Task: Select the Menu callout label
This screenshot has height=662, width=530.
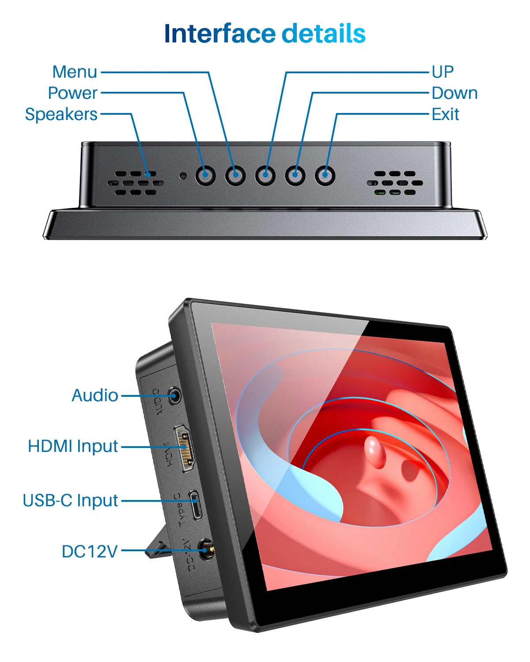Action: pos(75,72)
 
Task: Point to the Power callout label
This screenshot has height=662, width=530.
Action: pos(73,93)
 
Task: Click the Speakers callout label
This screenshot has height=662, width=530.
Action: pos(61,114)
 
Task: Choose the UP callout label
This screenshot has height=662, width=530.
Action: pos(443,72)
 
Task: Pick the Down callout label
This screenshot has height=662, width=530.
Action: pos(454,93)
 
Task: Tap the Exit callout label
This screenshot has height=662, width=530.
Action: pos(445,114)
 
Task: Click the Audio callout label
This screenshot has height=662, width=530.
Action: pos(95,395)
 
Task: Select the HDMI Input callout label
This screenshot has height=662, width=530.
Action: pos(73,446)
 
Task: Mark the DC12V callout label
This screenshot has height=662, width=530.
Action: pos(90,551)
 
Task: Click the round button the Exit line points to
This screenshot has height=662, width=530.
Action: pos(325,176)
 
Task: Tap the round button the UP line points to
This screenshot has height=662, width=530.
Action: pos(265,176)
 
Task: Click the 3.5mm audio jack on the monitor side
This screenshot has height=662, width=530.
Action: pos(175,395)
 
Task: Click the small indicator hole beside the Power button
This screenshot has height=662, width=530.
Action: pos(183,176)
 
